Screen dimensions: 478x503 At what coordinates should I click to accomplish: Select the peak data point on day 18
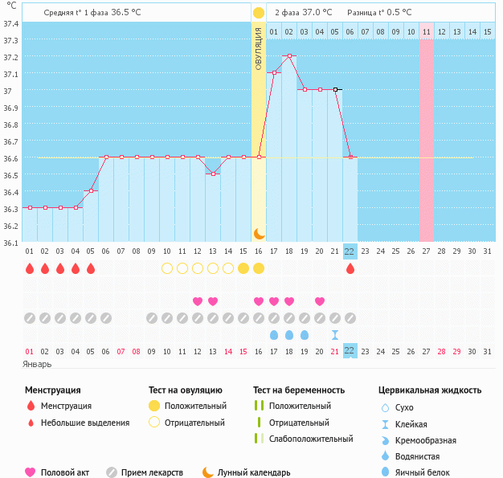[x=289, y=56]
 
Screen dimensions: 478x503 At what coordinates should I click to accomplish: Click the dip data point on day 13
[x=213, y=174]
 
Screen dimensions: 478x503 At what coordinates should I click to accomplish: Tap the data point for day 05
[x=91, y=190]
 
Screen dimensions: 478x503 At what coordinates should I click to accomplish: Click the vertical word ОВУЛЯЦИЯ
[x=259, y=48]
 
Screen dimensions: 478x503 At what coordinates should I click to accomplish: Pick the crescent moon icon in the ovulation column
[x=259, y=233]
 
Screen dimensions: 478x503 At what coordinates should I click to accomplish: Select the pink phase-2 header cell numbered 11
[x=426, y=31]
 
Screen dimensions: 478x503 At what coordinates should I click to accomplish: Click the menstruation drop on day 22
[x=350, y=268]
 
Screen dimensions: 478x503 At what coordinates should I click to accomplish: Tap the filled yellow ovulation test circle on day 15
[x=243, y=268]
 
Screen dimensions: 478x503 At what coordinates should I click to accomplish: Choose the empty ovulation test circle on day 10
[x=167, y=268]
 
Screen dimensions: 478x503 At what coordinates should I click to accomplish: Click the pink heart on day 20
[x=320, y=301]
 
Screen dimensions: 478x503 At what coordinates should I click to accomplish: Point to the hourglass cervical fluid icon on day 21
[x=335, y=334]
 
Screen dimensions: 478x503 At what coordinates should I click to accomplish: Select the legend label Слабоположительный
[x=311, y=439]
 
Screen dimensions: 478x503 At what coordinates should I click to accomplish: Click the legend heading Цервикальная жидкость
[x=430, y=390]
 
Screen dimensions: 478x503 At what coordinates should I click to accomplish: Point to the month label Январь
[x=37, y=364]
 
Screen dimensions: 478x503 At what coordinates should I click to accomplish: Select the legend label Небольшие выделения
[x=84, y=423]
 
